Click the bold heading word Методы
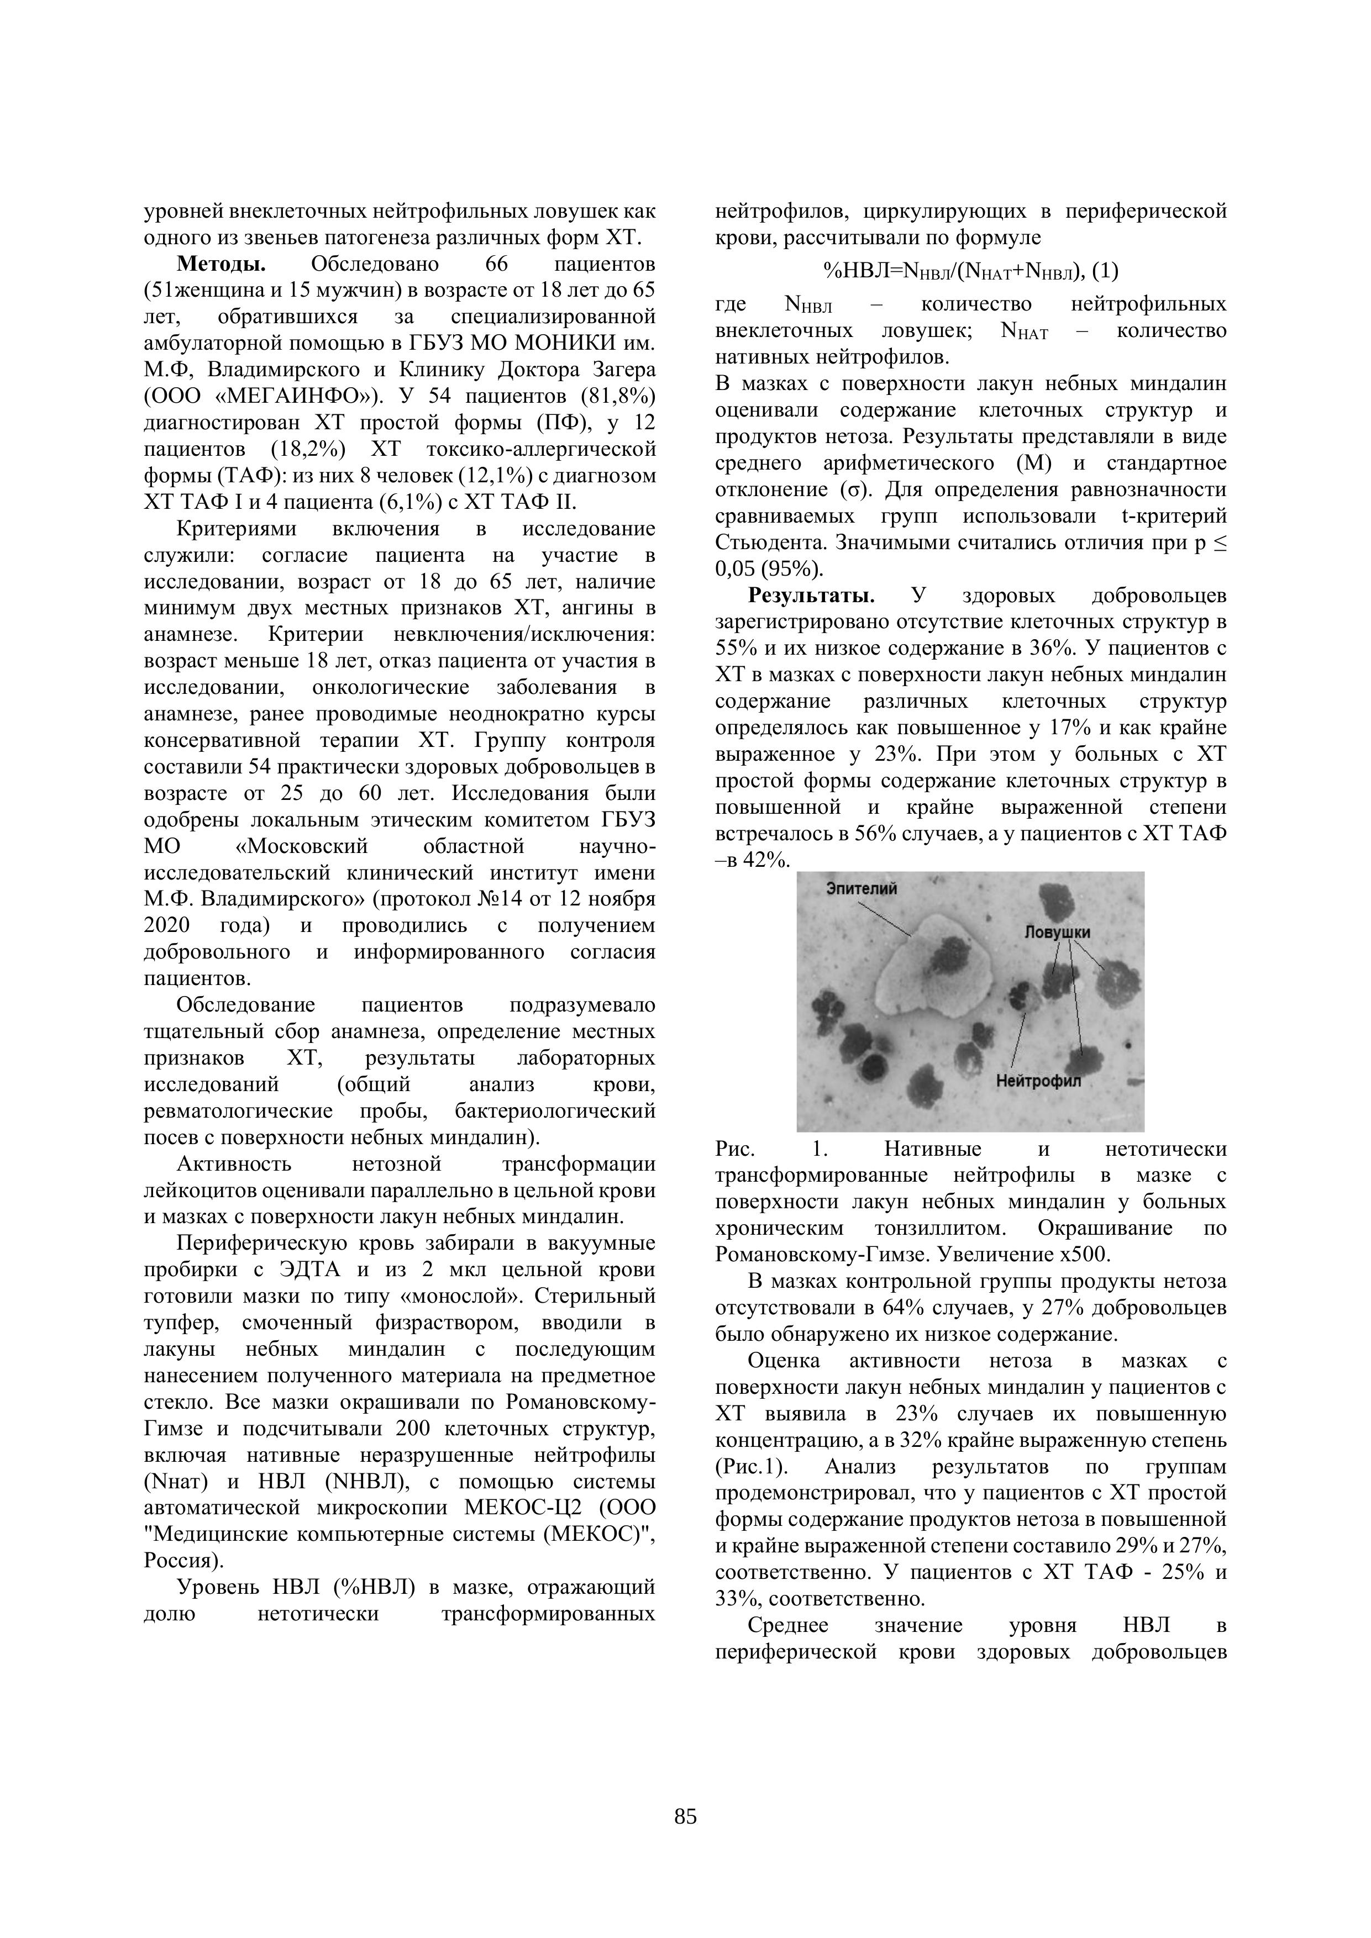[x=221, y=264]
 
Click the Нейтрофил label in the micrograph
[x=1038, y=1081]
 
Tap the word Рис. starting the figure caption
[x=734, y=1149]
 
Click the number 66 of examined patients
[x=497, y=264]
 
